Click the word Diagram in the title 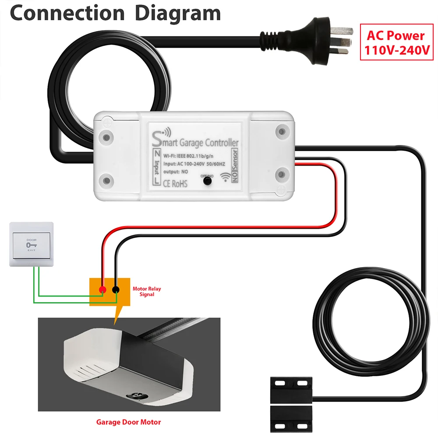[177, 13]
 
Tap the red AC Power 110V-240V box [396, 43]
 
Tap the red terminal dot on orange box [102, 290]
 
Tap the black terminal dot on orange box [116, 290]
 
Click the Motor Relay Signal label [143, 292]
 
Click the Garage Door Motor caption [128, 422]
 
